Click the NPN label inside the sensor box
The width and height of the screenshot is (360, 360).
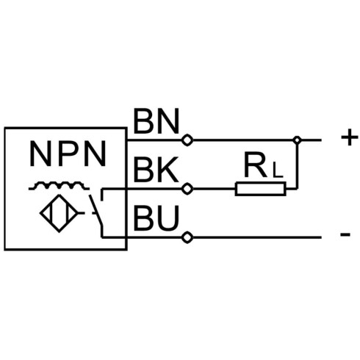click(x=68, y=154)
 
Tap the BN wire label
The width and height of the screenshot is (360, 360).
click(x=156, y=121)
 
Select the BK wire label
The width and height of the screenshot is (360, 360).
click(x=156, y=170)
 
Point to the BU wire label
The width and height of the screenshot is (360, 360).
click(x=156, y=218)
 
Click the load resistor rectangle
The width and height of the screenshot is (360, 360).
click(x=260, y=189)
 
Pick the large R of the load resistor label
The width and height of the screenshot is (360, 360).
click(x=256, y=165)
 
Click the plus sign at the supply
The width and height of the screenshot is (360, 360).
click(x=350, y=137)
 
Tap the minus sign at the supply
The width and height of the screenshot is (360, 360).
click(x=345, y=234)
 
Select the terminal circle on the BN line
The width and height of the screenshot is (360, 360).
click(x=187, y=140)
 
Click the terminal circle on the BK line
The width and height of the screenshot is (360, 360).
click(x=187, y=189)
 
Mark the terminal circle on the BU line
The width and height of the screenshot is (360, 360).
click(x=187, y=237)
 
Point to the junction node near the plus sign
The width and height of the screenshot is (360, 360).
click(x=297, y=140)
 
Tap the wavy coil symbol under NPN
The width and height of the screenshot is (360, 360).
click(x=59, y=185)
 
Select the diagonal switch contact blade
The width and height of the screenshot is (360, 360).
click(x=96, y=209)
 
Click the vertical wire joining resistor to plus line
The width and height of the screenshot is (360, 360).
click(x=297, y=167)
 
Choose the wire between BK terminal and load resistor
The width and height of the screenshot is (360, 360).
click(x=214, y=189)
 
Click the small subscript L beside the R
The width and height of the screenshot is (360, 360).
click(x=278, y=170)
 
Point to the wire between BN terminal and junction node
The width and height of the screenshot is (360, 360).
click(x=243, y=140)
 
